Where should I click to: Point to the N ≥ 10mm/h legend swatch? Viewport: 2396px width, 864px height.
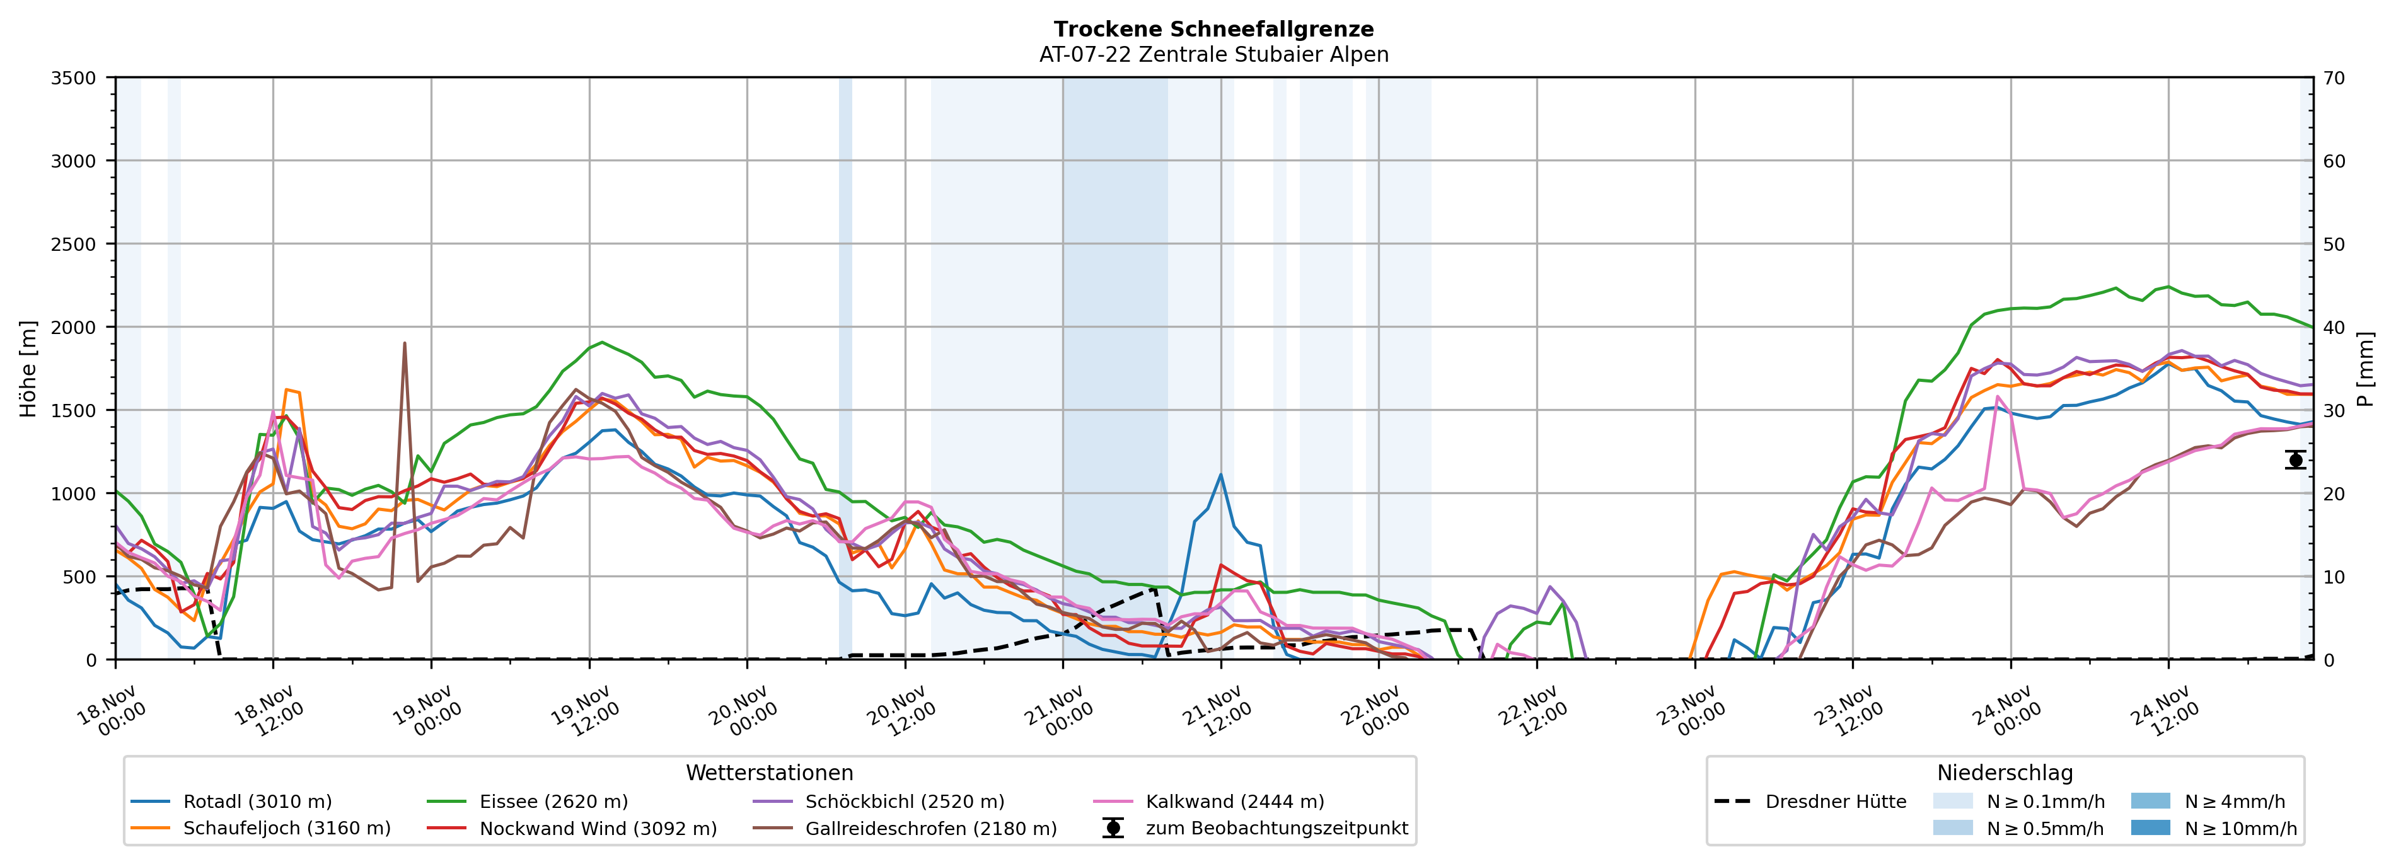tap(2150, 827)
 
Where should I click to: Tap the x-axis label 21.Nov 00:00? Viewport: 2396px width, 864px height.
tap(1060, 711)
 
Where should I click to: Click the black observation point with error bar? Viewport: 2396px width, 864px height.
tap(2296, 459)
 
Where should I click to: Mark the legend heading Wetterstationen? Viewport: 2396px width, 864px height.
tap(769, 773)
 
